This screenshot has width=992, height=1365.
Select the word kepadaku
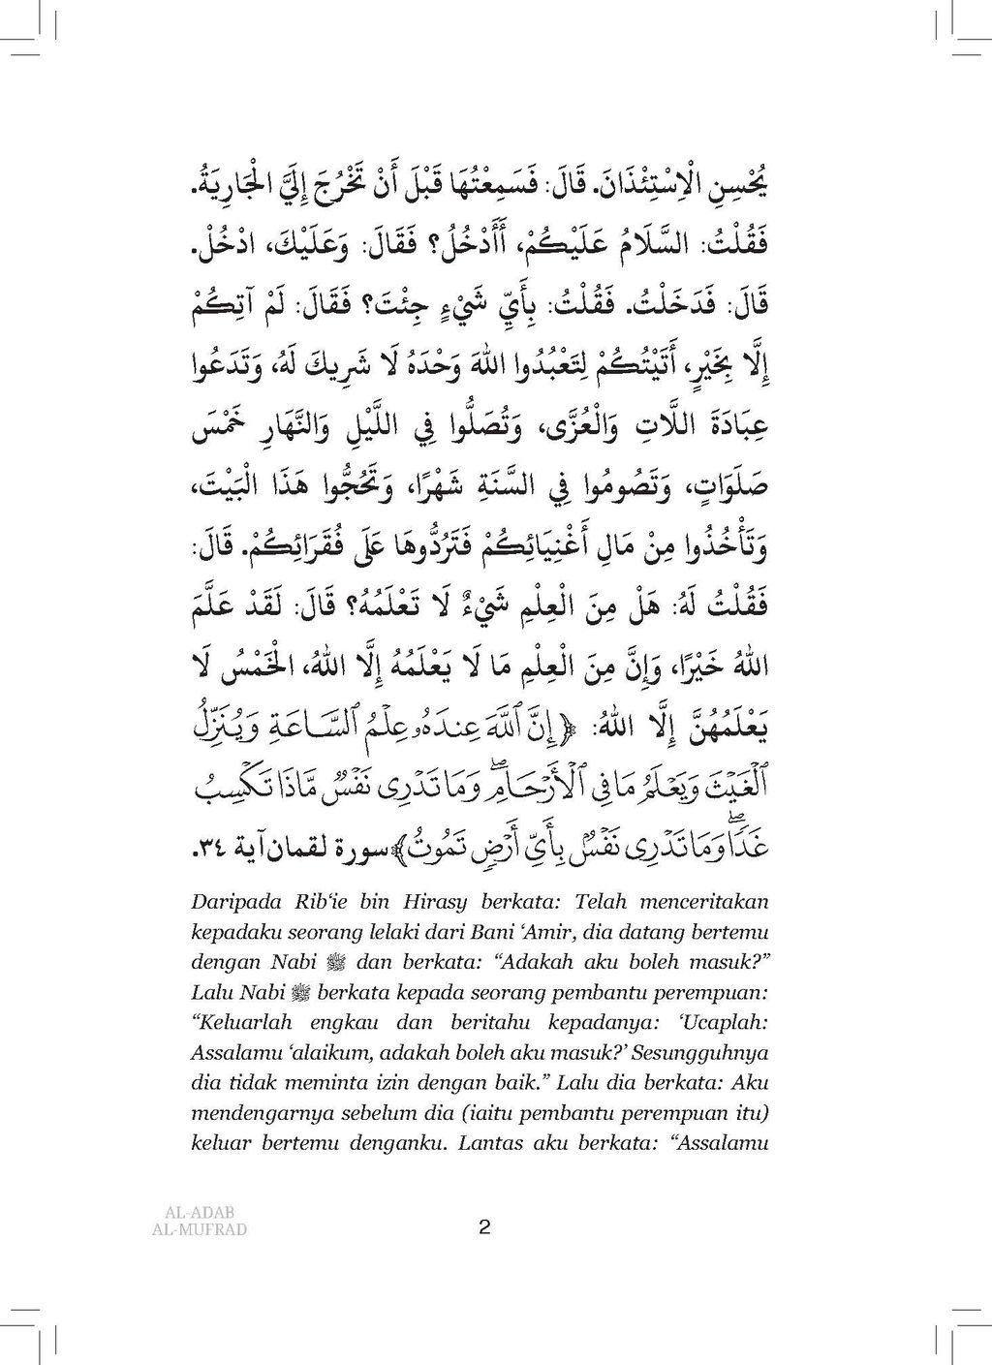(x=216, y=933)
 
